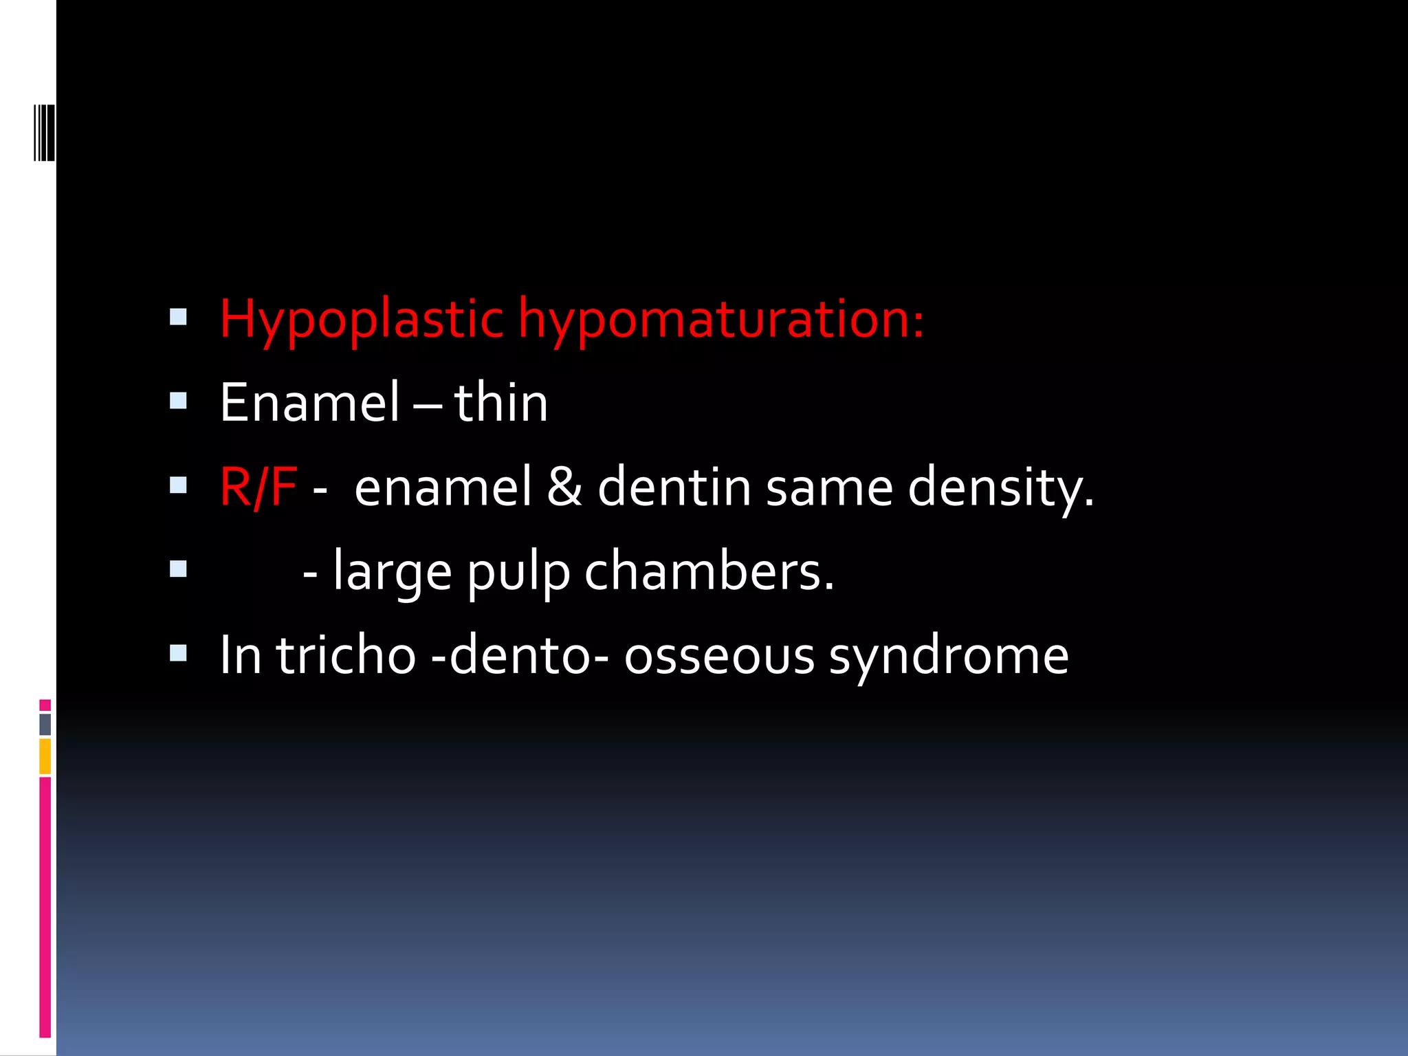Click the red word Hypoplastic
(x=362, y=320)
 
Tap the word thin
(x=500, y=404)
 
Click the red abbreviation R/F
(x=258, y=487)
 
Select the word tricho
(x=346, y=656)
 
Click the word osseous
(x=719, y=656)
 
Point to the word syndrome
(x=949, y=656)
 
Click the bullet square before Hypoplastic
(x=178, y=316)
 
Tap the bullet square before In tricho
(x=178, y=652)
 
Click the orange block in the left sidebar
(x=45, y=756)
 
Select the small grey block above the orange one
(x=45, y=724)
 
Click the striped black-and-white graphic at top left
(x=44, y=132)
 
